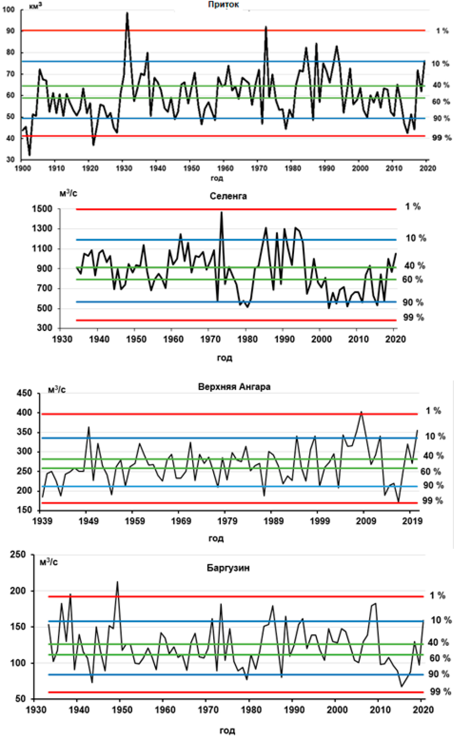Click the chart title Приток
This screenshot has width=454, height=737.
click(x=223, y=4)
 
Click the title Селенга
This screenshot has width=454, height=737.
click(x=228, y=196)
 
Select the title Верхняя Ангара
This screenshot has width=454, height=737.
click(x=234, y=387)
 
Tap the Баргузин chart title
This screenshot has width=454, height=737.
click(x=228, y=568)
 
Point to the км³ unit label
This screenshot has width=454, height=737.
click(x=35, y=6)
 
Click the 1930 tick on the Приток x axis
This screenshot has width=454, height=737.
click(x=124, y=168)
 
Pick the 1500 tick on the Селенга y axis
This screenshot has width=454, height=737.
click(x=42, y=209)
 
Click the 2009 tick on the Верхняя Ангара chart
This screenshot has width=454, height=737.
click(x=366, y=521)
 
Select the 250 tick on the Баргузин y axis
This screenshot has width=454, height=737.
click(x=18, y=554)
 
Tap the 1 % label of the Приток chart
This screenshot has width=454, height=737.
click(x=442, y=31)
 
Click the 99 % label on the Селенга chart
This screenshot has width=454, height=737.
click(x=413, y=318)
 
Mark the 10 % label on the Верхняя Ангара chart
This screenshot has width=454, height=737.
click(x=435, y=436)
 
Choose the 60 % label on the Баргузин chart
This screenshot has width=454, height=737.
click(x=440, y=658)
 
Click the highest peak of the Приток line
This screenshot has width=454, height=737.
click(x=127, y=13)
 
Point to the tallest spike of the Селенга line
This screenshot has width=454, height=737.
click(x=222, y=212)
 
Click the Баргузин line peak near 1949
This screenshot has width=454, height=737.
click(x=118, y=582)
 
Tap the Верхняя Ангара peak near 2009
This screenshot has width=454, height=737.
click(x=362, y=412)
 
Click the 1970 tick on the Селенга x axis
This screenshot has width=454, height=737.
click(x=210, y=339)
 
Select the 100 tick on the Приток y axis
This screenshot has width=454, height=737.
click(x=8, y=9)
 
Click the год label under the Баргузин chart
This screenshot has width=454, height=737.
click(x=227, y=730)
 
